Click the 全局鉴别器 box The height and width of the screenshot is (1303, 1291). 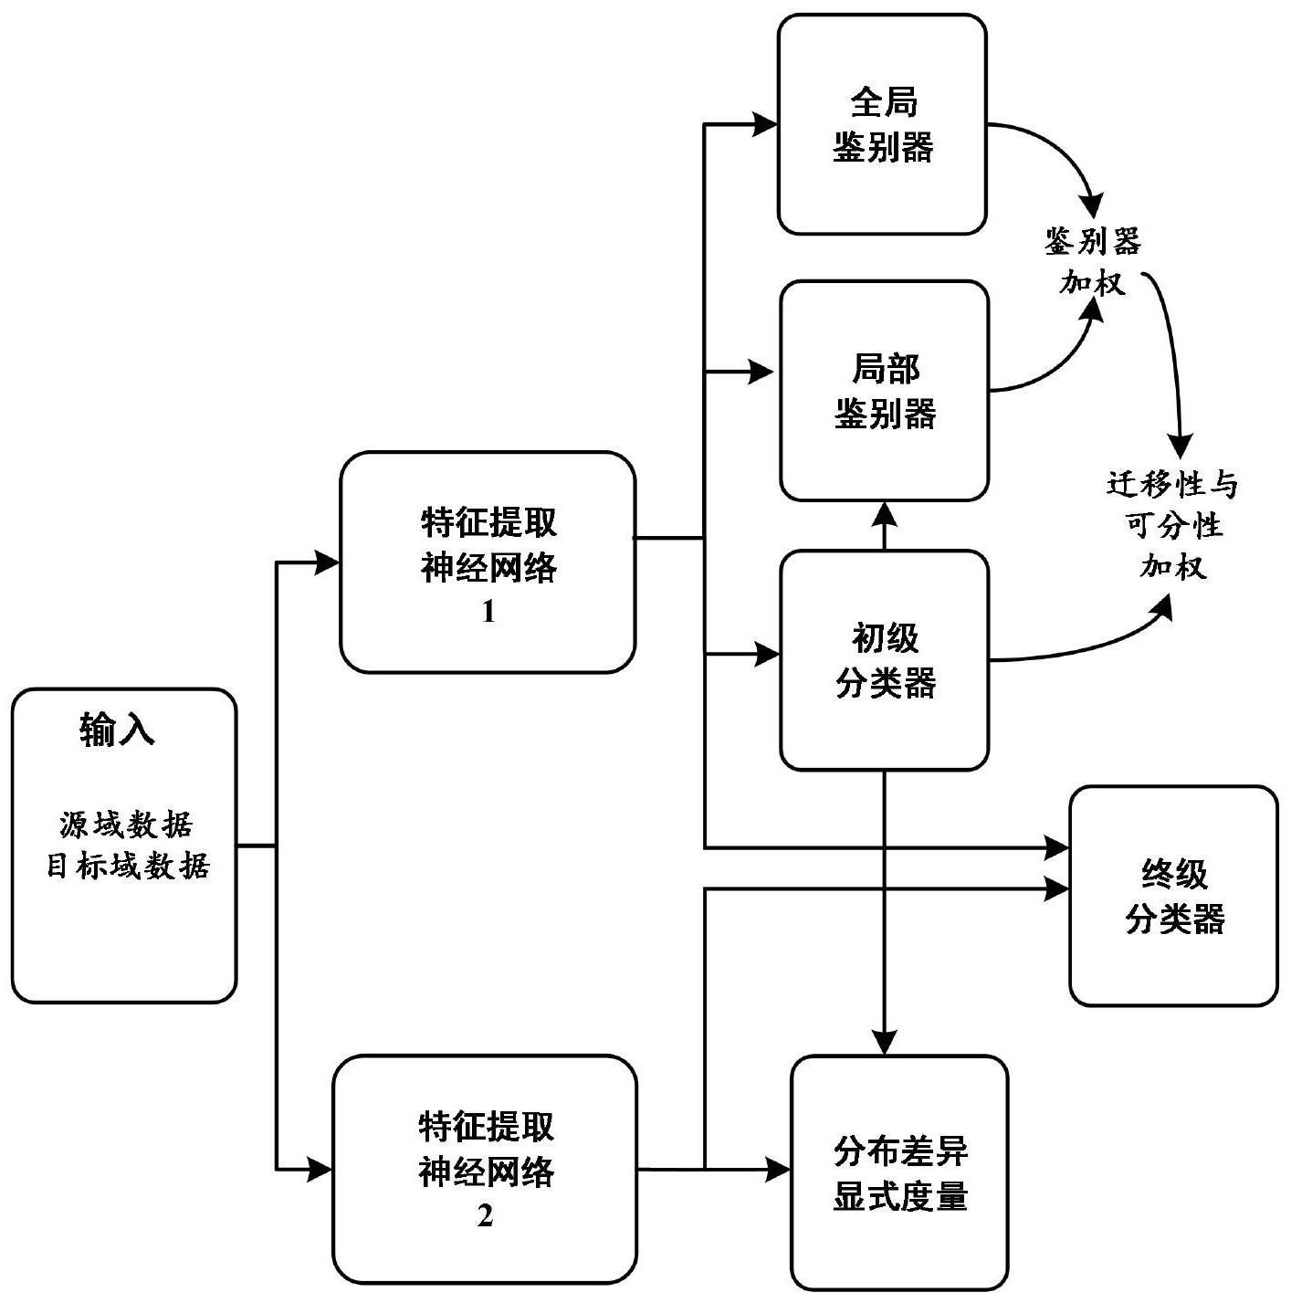click(x=882, y=124)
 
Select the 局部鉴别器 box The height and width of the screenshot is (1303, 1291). click(x=884, y=391)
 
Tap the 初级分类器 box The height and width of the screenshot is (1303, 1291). click(x=884, y=660)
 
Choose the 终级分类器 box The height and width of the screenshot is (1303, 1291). click(x=1173, y=896)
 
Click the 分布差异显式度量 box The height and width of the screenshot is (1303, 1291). click(x=899, y=1172)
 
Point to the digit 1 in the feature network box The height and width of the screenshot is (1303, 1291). click(x=488, y=612)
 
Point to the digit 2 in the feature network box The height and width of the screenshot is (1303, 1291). click(x=485, y=1216)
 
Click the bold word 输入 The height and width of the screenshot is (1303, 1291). click(x=117, y=730)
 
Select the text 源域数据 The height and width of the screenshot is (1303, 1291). click(x=126, y=825)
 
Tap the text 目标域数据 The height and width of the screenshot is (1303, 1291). click(x=128, y=866)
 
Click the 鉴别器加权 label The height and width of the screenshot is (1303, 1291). click(x=1092, y=263)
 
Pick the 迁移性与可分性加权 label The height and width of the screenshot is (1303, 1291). click(x=1172, y=525)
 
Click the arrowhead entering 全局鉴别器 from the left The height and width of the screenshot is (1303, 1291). click(x=765, y=124)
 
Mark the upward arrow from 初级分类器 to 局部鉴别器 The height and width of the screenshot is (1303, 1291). click(x=884, y=525)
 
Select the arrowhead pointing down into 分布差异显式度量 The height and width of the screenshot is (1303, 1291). click(x=884, y=1042)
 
